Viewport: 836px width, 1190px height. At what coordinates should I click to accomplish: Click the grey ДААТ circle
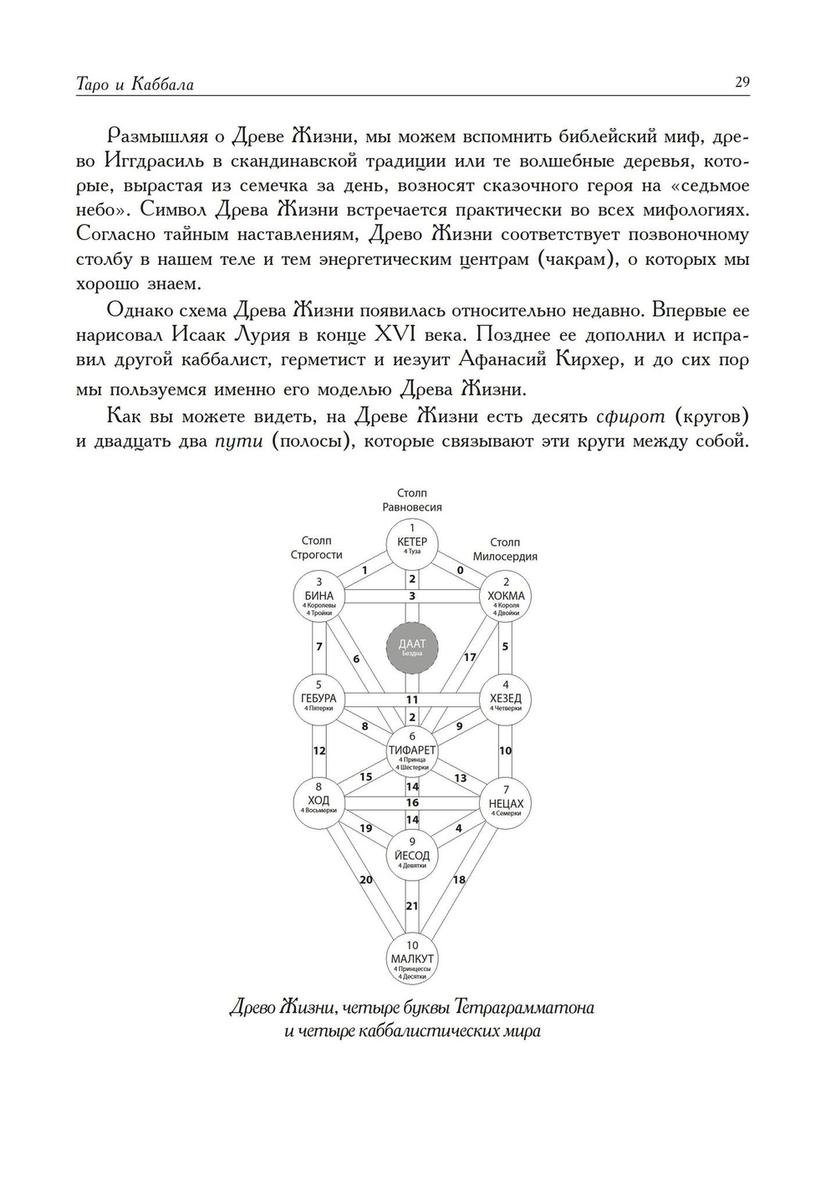pyautogui.click(x=411, y=647)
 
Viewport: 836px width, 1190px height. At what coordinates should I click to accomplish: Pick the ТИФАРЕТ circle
pyautogui.click(x=412, y=750)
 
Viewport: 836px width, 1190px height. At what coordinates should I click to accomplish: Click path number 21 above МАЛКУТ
pyautogui.click(x=412, y=906)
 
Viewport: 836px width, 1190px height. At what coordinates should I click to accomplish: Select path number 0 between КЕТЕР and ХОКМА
pyautogui.click(x=460, y=570)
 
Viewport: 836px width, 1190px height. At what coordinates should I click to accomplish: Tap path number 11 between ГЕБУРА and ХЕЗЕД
pyautogui.click(x=412, y=699)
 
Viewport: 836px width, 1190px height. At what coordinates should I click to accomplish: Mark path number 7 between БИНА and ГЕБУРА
pyautogui.click(x=319, y=647)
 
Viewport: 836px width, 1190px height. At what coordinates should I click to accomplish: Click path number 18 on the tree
pyautogui.click(x=459, y=880)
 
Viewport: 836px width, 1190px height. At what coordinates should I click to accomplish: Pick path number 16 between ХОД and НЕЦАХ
pyautogui.click(x=412, y=802)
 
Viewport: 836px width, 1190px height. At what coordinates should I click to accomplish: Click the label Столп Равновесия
pyautogui.click(x=411, y=500)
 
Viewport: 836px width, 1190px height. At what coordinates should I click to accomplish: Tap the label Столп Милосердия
pyautogui.click(x=505, y=549)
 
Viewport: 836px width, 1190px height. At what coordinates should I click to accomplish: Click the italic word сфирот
pyautogui.click(x=631, y=416)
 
